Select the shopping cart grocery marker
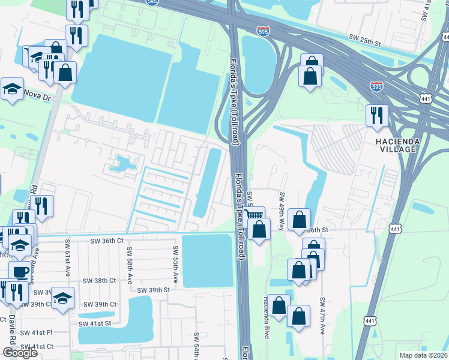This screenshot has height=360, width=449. pyautogui.click(x=255, y=214)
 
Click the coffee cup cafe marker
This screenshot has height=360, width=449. pyautogui.click(x=19, y=271)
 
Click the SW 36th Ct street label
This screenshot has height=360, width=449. pyautogui.click(x=107, y=241)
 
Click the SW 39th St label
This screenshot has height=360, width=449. pyautogui.click(x=154, y=290)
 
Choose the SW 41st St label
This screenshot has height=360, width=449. pyautogui.click(x=95, y=323)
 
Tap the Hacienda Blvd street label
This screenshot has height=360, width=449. pyautogui.click(x=265, y=317)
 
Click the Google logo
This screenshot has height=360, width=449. pyautogui.click(x=20, y=352)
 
